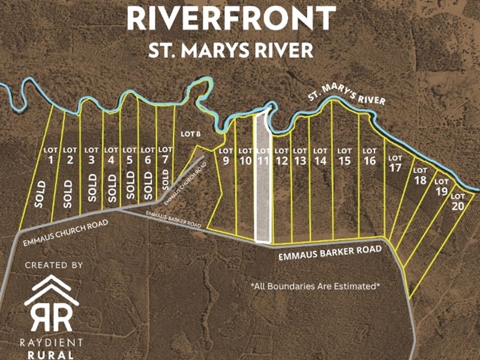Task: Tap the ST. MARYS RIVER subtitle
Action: coord(231,49)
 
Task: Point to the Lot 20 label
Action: coord(458,200)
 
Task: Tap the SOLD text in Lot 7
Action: coord(166,178)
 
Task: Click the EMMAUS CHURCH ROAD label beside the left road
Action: coord(65,233)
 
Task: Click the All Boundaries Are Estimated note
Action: coord(315,286)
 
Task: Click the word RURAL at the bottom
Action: coord(50,355)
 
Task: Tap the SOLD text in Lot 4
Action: coord(111,188)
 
